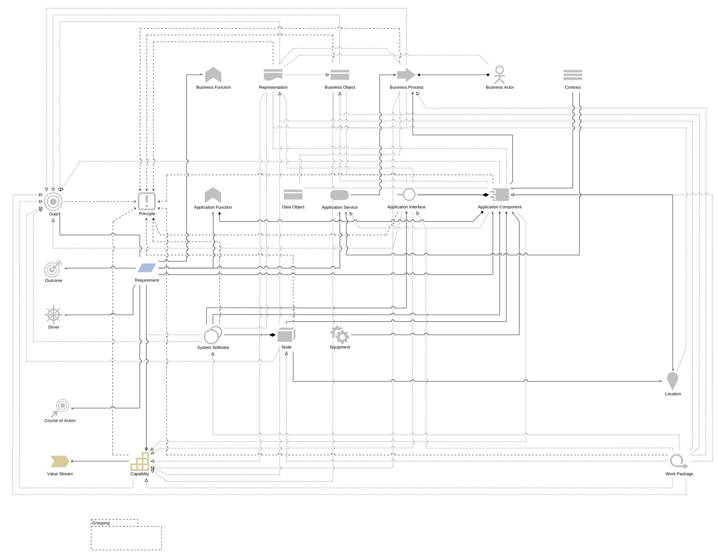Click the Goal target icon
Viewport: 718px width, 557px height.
pyautogui.click(x=53, y=201)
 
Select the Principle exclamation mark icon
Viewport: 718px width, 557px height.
pyautogui.click(x=147, y=201)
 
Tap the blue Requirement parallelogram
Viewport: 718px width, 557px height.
pyautogui.click(x=147, y=268)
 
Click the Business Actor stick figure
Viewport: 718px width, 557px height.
pyautogui.click(x=499, y=75)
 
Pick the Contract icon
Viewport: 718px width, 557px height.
pyautogui.click(x=572, y=75)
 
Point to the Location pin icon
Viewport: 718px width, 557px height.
pyautogui.click(x=672, y=381)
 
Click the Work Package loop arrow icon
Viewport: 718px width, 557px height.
pyautogui.click(x=678, y=461)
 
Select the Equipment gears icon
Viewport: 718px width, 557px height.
pyautogui.click(x=339, y=334)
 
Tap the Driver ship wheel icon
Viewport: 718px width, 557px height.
pyautogui.click(x=53, y=315)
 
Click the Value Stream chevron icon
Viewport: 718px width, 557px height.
pyautogui.click(x=60, y=461)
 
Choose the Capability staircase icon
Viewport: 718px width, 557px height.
pyautogui.click(x=140, y=461)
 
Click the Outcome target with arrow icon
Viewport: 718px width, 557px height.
pyautogui.click(x=53, y=268)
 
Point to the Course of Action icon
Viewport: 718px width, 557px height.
pyautogui.click(x=60, y=407)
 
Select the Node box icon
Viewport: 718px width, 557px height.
pyautogui.click(x=286, y=335)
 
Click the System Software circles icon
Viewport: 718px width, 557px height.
pyautogui.click(x=213, y=335)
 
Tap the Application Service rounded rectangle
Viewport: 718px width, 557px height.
pyautogui.click(x=339, y=195)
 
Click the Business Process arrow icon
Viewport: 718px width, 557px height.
pyautogui.click(x=406, y=75)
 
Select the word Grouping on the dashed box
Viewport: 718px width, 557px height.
pyautogui.click(x=101, y=523)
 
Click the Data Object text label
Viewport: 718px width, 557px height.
pyautogui.click(x=293, y=207)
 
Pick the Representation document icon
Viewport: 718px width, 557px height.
pyautogui.click(x=273, y=75)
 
